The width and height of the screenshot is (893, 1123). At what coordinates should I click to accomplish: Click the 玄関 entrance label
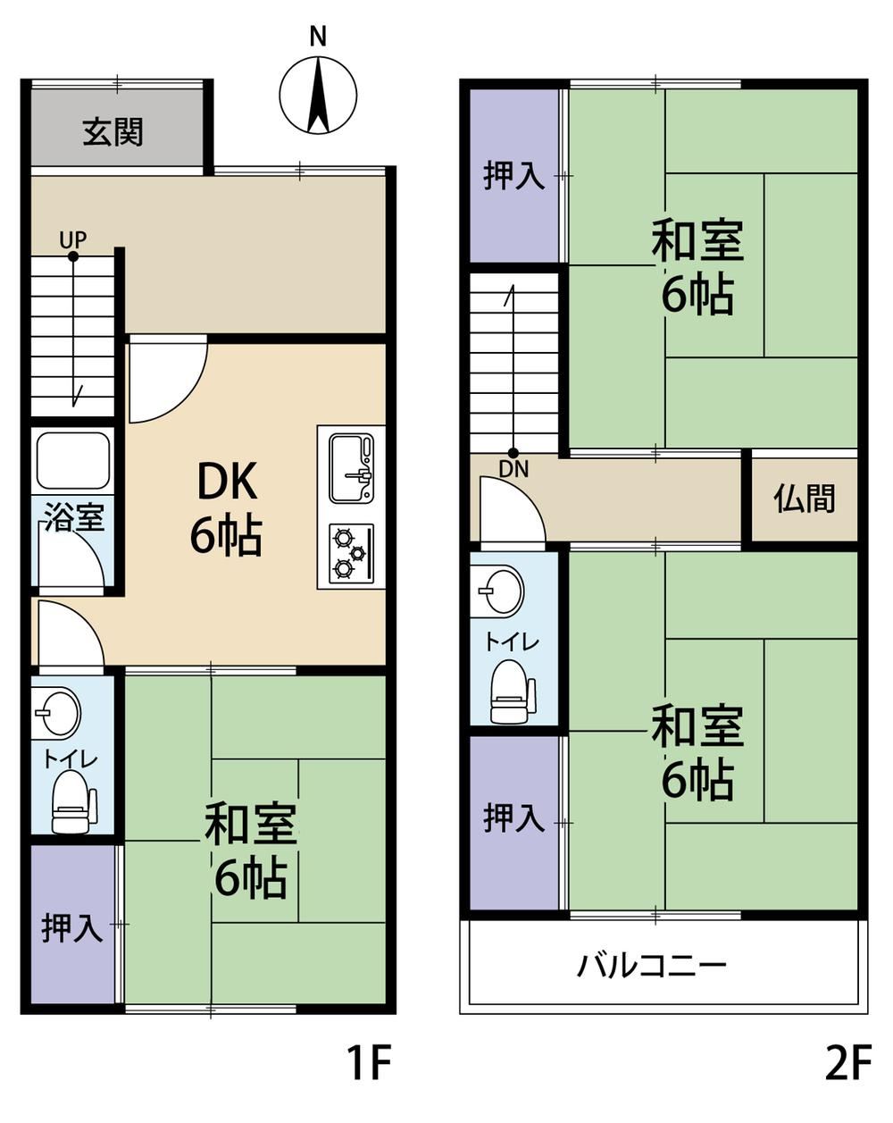[x=113, y=132]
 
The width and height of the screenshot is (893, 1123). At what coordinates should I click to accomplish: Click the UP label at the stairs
[x=73, y=240]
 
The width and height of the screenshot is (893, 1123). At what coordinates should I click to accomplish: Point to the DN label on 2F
[x=513, y=470]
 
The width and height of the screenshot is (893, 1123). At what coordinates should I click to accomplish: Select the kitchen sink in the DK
[x=351, y=468]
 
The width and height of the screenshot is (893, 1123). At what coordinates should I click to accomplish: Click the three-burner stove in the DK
[x=351, y=553]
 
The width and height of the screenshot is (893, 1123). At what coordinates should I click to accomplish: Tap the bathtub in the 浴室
[x=73, y=461]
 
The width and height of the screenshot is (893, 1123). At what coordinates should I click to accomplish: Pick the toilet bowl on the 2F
[x=513, y=691]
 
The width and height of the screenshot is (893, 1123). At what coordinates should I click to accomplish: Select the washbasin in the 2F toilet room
[x=501, y=591]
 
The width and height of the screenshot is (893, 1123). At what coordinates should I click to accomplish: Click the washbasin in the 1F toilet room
[x=57, y=712]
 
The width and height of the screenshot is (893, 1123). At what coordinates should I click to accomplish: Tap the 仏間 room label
[x=804, y=499]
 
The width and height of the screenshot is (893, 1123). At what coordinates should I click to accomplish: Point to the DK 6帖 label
[x=226, y=509]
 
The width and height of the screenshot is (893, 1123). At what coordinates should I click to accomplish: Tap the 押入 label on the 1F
[x=72, y=927]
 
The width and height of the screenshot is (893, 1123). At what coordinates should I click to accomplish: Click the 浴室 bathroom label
[x=74, y=517]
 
